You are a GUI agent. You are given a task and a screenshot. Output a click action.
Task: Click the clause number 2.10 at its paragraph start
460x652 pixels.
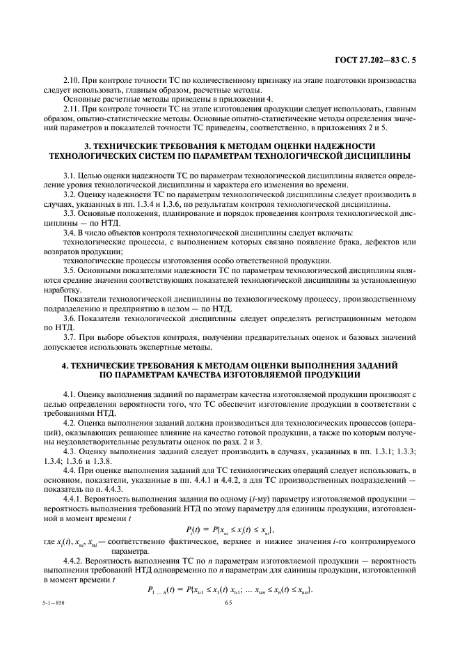pyautogui.click(x=71, y=81)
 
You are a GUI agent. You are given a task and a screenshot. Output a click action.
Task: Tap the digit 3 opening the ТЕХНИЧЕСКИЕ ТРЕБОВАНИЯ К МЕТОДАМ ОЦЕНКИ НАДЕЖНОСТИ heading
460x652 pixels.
pyautogui.click(x=86, y=146)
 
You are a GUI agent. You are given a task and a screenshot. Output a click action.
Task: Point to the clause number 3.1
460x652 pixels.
pyautogui.click(x=69, y=178)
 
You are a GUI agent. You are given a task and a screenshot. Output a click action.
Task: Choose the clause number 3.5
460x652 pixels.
pyautogui.click(x=69, y=269)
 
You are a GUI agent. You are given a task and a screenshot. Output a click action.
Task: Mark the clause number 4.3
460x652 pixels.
pyautogui.click(x=69, y=451)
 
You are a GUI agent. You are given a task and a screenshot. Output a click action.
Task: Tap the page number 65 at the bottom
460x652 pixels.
pyautogui.click(x=230, y=612)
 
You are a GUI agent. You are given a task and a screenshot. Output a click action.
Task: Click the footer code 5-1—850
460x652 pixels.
pyautogui.click(x=49, y=612)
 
